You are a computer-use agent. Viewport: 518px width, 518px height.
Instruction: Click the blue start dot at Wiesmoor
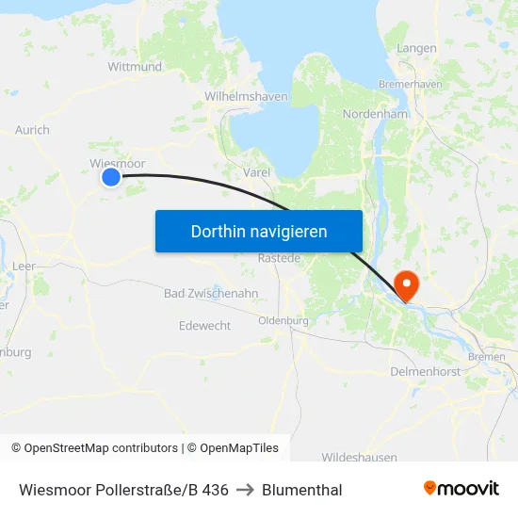tap(111, 176)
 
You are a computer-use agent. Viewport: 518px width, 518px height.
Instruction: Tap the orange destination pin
tap(407, 284)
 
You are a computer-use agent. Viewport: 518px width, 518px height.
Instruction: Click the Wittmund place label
tap(135, 67)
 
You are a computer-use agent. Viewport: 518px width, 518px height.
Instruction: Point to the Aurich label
tap(32, 130)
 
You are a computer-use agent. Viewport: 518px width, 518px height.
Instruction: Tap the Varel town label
tap(256, 172)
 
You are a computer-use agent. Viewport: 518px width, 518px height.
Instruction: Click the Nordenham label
tap(375, 114)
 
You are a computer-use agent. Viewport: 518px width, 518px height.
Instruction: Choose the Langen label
tap(416, 48)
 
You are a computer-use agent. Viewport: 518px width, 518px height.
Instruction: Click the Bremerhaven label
tap(410, 84)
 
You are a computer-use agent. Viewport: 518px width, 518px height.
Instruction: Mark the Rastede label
tap(279, 258)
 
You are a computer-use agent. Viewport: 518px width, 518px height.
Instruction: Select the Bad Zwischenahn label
tap(211, 293)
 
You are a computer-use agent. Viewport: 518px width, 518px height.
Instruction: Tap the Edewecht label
tap(204, 325)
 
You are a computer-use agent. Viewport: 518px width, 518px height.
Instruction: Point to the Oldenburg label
tap(283, 320)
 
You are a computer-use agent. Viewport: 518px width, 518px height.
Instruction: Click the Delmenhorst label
tap(424, 372)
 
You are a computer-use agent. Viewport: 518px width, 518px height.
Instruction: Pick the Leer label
tap(24, 267)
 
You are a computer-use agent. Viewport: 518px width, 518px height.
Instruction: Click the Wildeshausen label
tap(359, 457)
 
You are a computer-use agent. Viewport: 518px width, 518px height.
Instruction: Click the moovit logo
tap(461, 488)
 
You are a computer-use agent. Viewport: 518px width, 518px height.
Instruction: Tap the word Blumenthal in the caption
tap(301, 490)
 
